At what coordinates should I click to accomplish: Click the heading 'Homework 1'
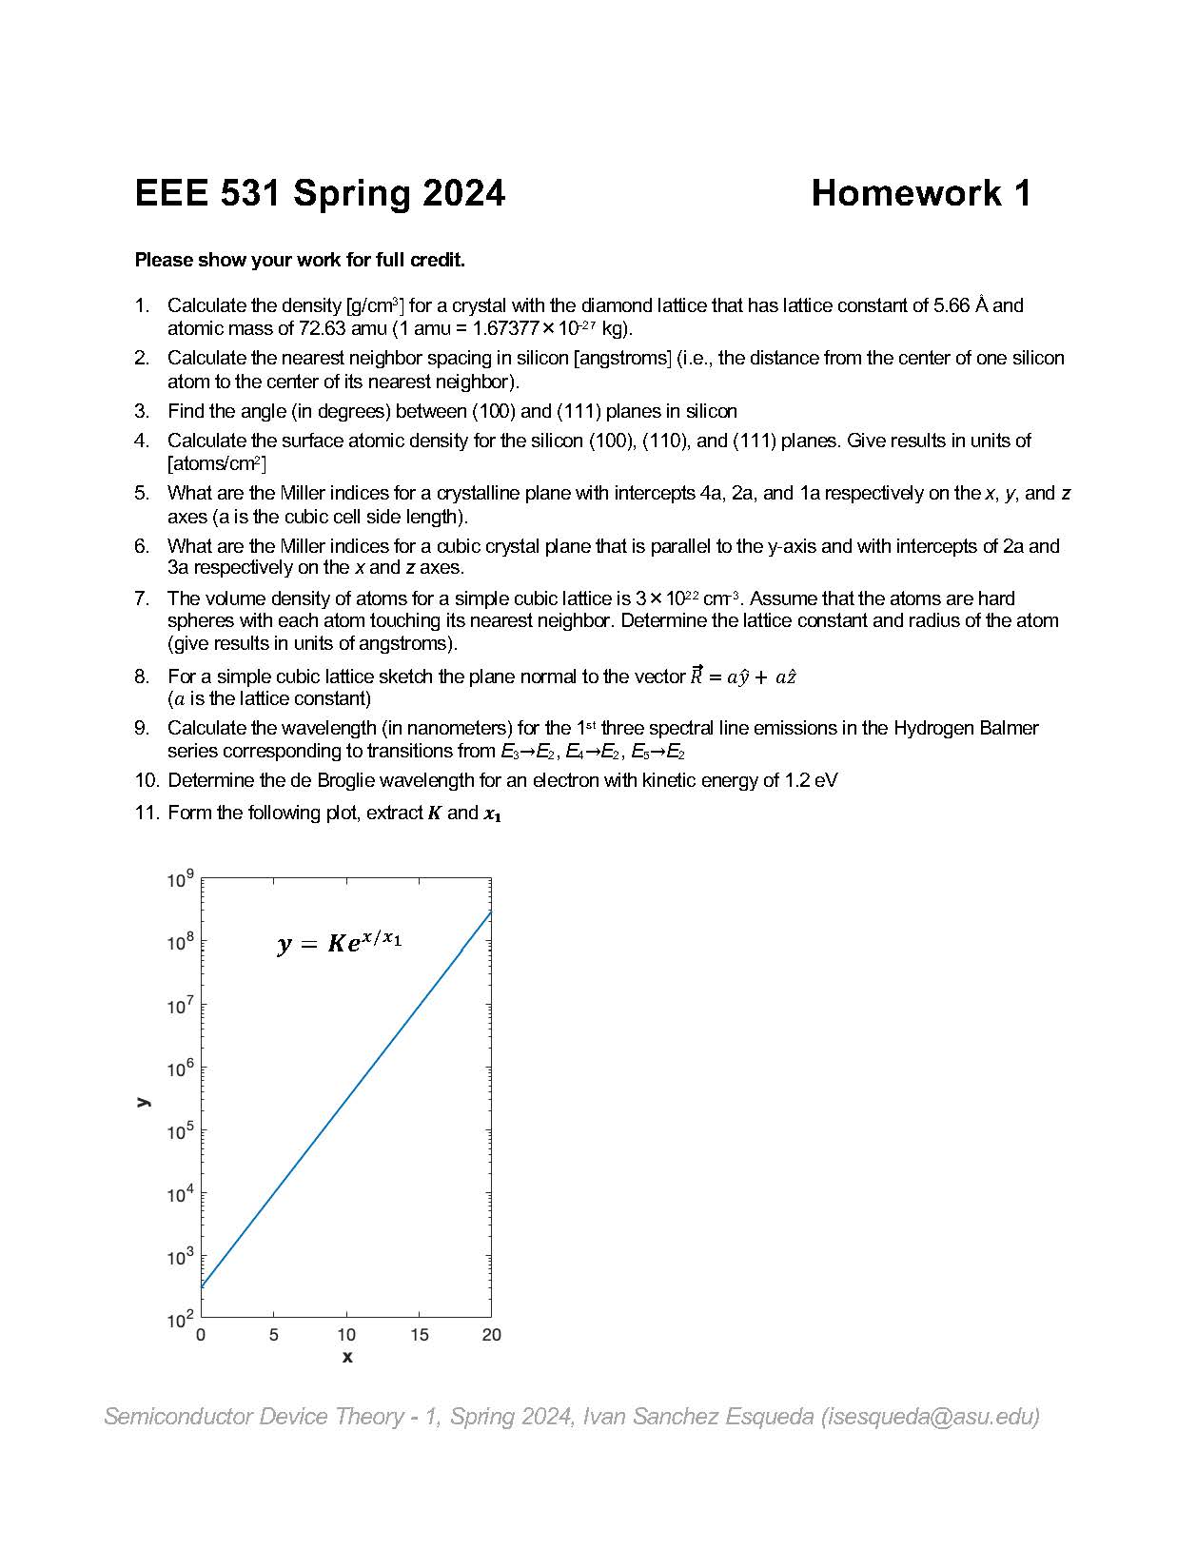pos(920,193)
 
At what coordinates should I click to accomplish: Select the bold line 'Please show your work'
pos(299,260)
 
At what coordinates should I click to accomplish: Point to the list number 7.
pos(142,598)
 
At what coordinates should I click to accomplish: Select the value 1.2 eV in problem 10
pos(811,780)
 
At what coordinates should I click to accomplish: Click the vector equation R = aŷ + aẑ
pos(742,676)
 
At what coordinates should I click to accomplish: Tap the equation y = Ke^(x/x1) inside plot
pos(340,943)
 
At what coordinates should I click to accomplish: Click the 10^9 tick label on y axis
pos(180,879)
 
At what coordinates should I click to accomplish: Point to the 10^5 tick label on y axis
pos(180,1130)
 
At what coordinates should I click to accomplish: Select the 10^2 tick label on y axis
pos(180,1319)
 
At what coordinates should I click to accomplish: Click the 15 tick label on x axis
pos(419,1335)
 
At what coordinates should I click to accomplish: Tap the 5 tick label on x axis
pos(273,1335)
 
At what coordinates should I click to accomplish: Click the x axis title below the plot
pos(346,1357)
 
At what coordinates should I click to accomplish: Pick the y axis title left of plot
pos(143,1101)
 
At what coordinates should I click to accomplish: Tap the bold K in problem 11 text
pos(434,813)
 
